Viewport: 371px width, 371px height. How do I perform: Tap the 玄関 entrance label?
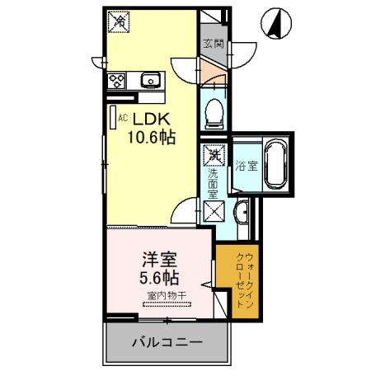[214, 45]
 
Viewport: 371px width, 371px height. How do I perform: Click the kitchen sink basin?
[150, 81]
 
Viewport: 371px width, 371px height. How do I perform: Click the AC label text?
[123, 118]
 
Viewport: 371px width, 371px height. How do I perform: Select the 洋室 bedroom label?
[153, 256]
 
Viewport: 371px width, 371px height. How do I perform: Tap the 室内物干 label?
[165, 294]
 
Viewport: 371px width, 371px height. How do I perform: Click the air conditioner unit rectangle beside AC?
[112, 116]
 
